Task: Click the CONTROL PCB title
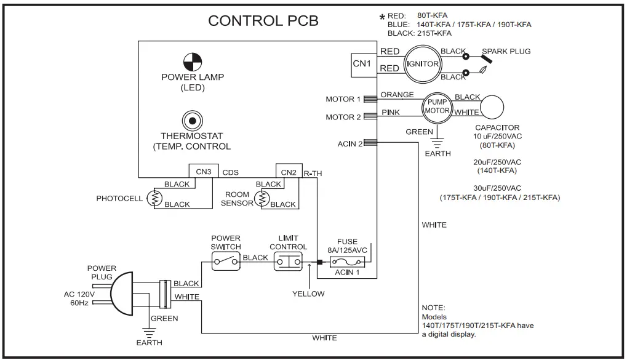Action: click(x=263, y=20)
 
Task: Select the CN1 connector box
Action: click(x=361, y=63)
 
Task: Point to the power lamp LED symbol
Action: click(x=193, y=62)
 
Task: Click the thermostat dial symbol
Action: click(x=192, y=121)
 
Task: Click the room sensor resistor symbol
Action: click(x=263, y=198)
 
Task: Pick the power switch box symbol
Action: click(x=226, y=262)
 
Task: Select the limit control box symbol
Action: click(x=288, y=262)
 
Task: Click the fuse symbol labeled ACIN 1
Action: click(x=348, y=262)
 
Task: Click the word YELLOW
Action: click(x=308, y=294)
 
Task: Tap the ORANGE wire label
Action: click(x=397, y=95)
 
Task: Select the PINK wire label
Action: click(x=391, y=113)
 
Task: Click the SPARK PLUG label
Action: click(x=506, y=51)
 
